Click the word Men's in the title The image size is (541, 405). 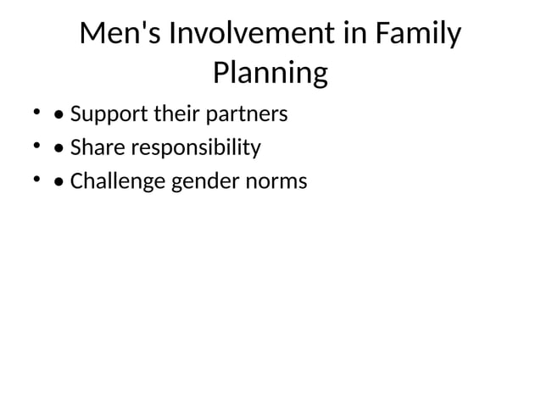[x=120, y=36]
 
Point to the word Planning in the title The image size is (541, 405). [x=270, y=74]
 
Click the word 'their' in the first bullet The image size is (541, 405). [x=173, y=114]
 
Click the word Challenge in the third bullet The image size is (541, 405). [x=118, y=182]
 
